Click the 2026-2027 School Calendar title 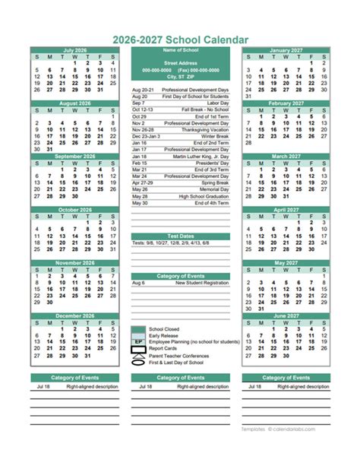coord(179,38)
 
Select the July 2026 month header coord(75,50)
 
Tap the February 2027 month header coord(285,103)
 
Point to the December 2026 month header coord(75,315)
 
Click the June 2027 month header coord(285,315)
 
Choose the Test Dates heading coord(179,236)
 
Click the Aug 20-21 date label coord(141,90)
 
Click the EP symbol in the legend coord(137,343)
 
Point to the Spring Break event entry coord(213,182)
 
